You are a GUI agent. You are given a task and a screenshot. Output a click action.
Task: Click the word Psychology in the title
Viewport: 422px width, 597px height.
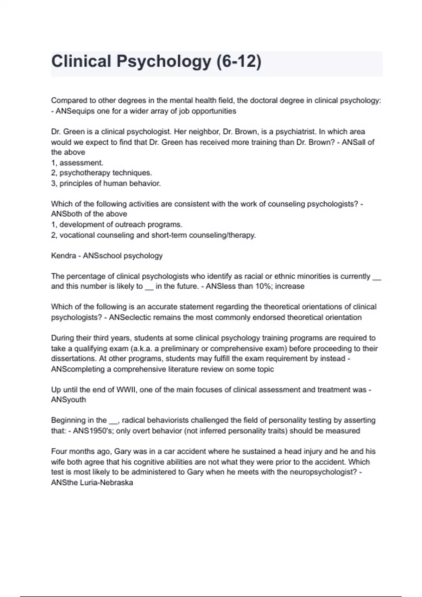click(164, 61)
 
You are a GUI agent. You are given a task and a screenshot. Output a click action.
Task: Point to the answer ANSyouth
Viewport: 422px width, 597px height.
click(69, 400)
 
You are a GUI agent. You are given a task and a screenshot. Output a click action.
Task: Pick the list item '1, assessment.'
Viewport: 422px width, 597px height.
click(77, 163)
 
